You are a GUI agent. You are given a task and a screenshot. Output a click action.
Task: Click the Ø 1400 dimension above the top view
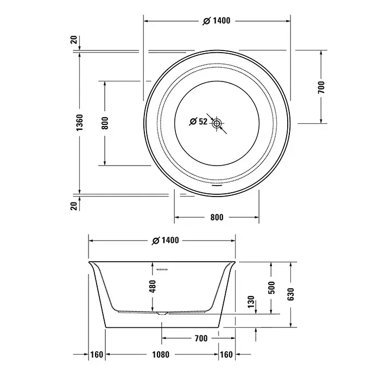217,21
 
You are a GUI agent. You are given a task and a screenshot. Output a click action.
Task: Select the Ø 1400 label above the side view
165,240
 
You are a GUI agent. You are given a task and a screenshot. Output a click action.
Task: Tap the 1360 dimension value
79,123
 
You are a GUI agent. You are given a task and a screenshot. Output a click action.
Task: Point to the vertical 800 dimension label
105,123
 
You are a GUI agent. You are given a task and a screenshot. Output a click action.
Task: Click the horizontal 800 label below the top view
217,217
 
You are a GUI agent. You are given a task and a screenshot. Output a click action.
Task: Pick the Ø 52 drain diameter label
198,121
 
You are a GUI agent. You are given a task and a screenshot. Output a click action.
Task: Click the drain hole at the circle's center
217,124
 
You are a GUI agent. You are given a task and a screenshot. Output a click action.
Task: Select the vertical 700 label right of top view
321,87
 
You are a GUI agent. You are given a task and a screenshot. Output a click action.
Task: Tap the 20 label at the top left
74,40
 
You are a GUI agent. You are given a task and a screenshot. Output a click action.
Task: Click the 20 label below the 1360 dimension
74,206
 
